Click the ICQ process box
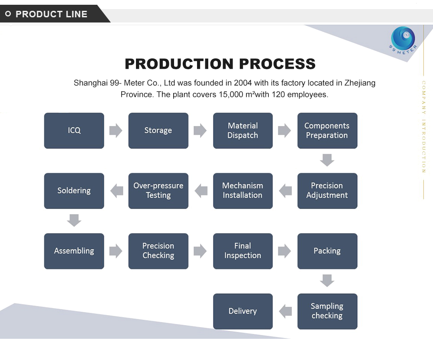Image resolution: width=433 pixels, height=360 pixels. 74,131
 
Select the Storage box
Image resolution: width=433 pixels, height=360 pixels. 158,131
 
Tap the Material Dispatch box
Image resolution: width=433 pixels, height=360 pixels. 242,131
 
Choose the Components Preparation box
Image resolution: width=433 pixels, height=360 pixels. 327,131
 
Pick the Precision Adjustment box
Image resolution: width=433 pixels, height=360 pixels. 327,191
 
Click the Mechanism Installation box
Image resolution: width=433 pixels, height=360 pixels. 242,191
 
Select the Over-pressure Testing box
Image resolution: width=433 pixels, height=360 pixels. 158,191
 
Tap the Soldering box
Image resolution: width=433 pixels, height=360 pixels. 74,191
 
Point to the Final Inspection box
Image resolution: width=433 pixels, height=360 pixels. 242,251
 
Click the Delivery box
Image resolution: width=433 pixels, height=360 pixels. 242,311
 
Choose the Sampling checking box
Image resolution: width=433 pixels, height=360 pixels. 327,311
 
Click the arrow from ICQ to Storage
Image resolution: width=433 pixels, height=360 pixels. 116,131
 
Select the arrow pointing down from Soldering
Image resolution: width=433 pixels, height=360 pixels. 74,220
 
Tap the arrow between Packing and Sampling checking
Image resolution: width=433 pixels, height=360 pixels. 327,280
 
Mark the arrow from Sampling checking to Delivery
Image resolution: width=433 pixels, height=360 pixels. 285,311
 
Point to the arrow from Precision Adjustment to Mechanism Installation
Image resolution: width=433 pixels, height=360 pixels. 285,191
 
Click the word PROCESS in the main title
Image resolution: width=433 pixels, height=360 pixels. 277,64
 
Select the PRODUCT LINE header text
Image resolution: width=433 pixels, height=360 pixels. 52,14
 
